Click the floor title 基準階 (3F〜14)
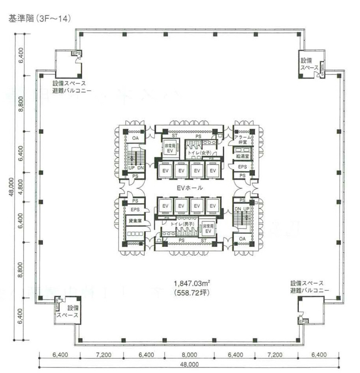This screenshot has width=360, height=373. click(39, 19)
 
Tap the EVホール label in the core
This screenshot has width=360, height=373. click(189, 188)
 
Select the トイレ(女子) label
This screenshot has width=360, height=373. click(199, 153)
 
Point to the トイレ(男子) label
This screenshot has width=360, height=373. click(182, 224)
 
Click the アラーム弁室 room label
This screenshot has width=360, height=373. click(242, 139)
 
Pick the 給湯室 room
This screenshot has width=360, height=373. click(242, 156)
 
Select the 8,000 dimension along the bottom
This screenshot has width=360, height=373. click(189, 355)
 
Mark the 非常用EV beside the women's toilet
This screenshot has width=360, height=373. click(170, 148)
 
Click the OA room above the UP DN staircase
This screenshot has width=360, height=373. click(135, 138)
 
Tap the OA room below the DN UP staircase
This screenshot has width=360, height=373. click(242, 239)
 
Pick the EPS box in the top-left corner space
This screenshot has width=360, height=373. click(76, 53)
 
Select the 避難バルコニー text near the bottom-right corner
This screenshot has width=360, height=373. click(310, 290)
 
